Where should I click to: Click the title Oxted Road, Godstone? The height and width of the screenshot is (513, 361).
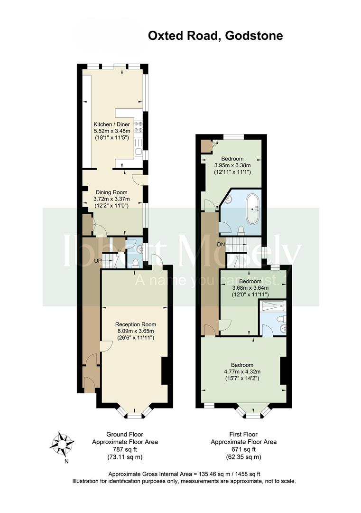(x=215, y=36)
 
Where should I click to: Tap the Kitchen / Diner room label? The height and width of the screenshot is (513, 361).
(x=112, y=124)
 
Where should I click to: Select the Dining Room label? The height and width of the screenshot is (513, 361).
(x=111, y=192)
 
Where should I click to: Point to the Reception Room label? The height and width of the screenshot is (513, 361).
(x=136, y=324)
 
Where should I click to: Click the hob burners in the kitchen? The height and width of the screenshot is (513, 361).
(x=139, y=127)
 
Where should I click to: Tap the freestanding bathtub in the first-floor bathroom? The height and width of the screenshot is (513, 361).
(x=252, y=209)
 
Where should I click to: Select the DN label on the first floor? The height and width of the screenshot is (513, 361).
(x=221, y=245)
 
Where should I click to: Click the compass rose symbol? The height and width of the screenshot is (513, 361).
(x=62, y=444)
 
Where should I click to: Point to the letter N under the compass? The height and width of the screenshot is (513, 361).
(x=66, y=462)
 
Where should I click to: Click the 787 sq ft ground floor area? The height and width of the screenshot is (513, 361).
(x=125, y=449)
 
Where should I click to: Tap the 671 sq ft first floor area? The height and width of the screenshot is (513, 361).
(x=244, y=449)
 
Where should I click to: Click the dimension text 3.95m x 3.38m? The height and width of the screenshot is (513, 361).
(x=232, y=165)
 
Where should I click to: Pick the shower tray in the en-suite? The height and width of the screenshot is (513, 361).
(x=273, y=306)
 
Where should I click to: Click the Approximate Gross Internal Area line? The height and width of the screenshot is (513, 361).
(x=184, y=474)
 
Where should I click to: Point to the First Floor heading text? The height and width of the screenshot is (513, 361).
(x=243, y=435)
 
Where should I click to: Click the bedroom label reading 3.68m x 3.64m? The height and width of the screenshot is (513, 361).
(x=250, y=288)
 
